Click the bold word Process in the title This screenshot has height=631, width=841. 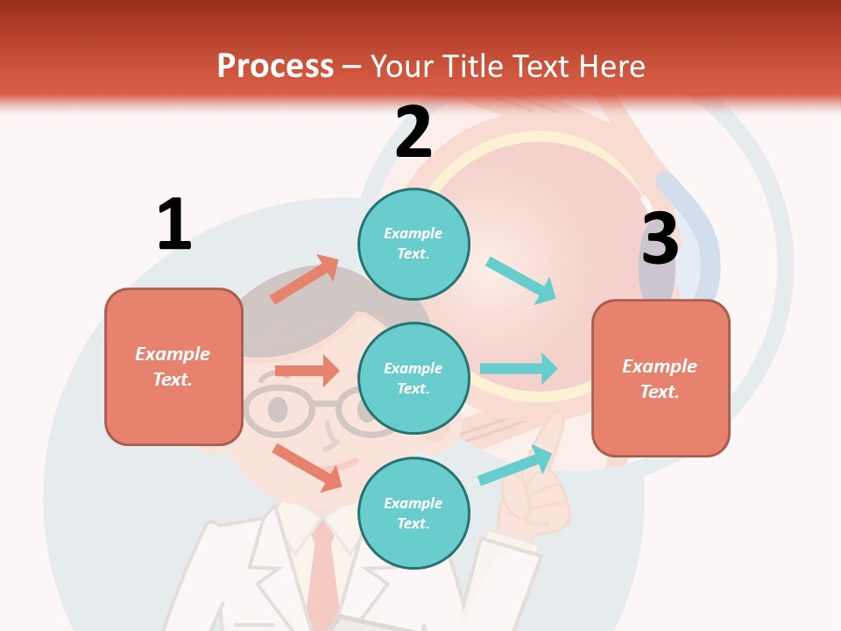click(275, 66)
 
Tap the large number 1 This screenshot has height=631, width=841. click(174, 224)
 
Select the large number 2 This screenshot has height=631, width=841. click(413, 131)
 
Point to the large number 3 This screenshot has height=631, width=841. click(660, 238)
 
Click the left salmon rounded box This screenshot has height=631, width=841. click(173, 366)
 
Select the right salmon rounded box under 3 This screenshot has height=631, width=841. click(661, 378)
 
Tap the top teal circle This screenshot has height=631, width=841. click(413, 243)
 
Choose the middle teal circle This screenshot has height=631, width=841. click(413, 378)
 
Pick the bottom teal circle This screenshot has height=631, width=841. click(413, 513)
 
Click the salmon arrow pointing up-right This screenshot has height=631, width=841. click(305, 279)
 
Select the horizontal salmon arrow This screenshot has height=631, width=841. click(307, 371)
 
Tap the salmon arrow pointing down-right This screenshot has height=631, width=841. click(307, 466)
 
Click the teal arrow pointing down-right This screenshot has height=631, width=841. click(521, 280)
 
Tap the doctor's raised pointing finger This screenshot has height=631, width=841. click(550, 438)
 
